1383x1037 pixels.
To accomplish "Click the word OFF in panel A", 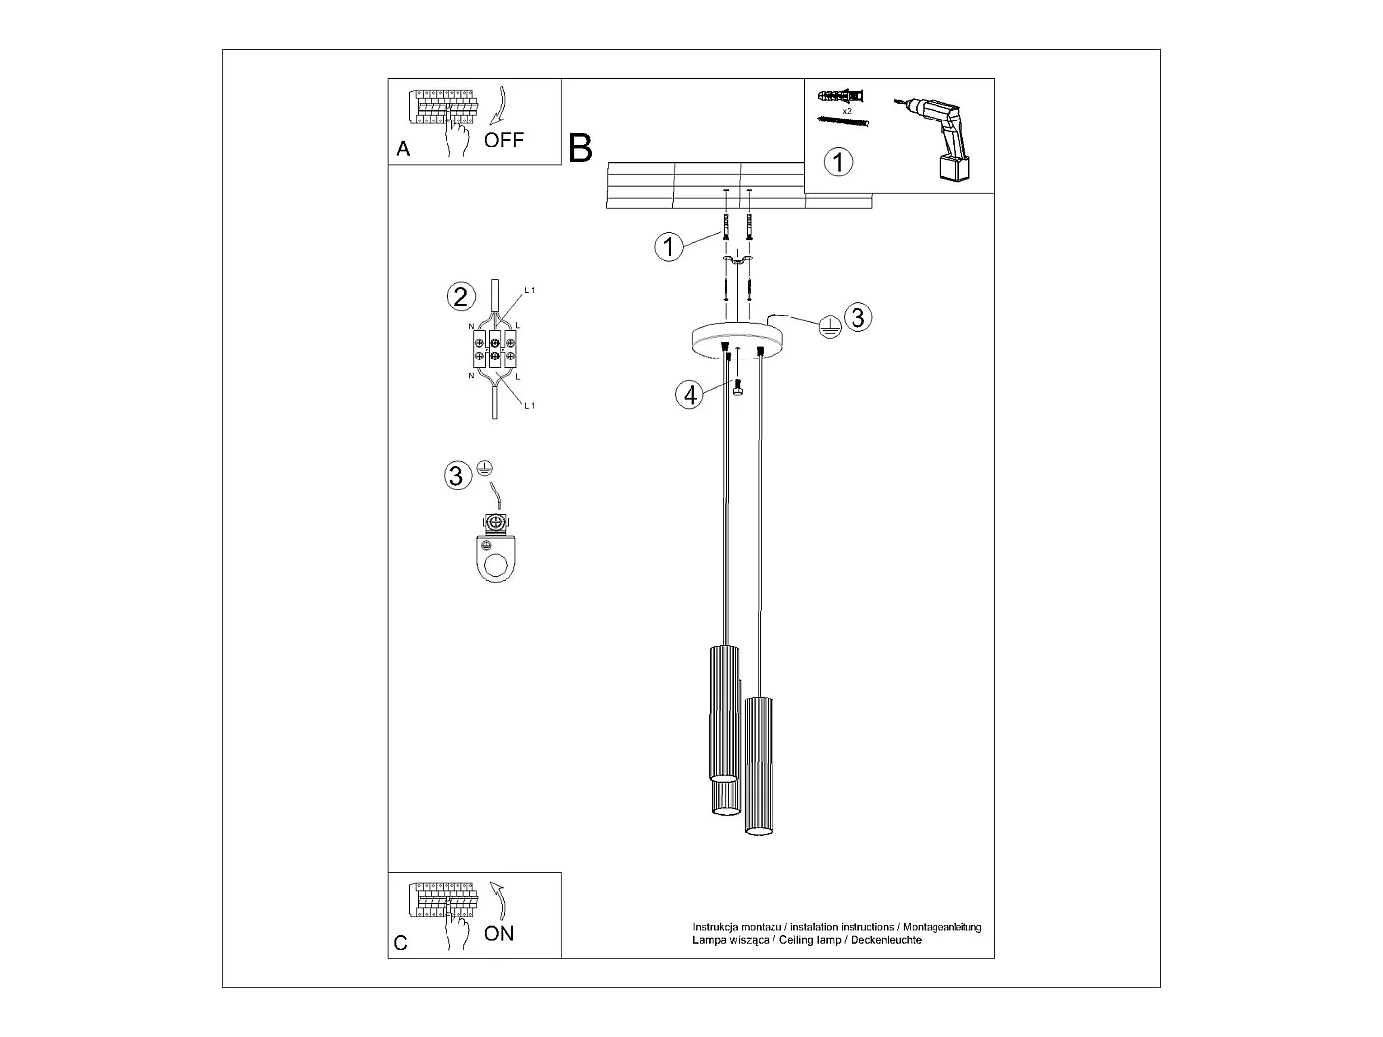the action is tap(504, 139).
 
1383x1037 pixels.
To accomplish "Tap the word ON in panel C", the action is tap(499, 933).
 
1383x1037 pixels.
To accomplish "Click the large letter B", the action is tap(580, 148).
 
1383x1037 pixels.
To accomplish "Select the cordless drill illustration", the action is tap(939, 138).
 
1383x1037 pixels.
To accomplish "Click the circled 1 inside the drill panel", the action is tap(838, 161).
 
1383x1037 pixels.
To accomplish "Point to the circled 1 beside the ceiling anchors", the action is tap(669, 246).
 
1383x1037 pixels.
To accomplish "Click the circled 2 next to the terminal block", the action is tap(458, 295).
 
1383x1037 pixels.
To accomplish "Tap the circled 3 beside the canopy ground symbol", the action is tap(857, 317).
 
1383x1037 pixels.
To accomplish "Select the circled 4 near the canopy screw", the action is tap(689, 394).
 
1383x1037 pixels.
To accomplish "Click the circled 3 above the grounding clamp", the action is tap(455, 475).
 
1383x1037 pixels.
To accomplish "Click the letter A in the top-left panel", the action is tap(402, 149).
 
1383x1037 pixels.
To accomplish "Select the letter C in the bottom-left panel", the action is tap(400, 943).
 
